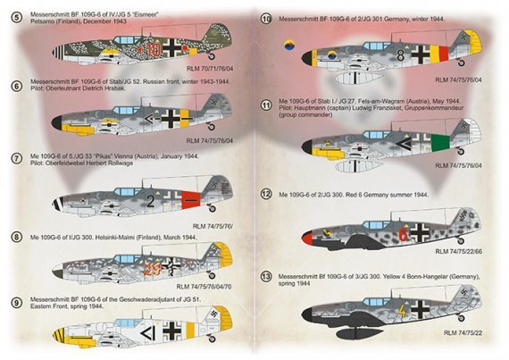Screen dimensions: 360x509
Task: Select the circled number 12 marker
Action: coord(266,193)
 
